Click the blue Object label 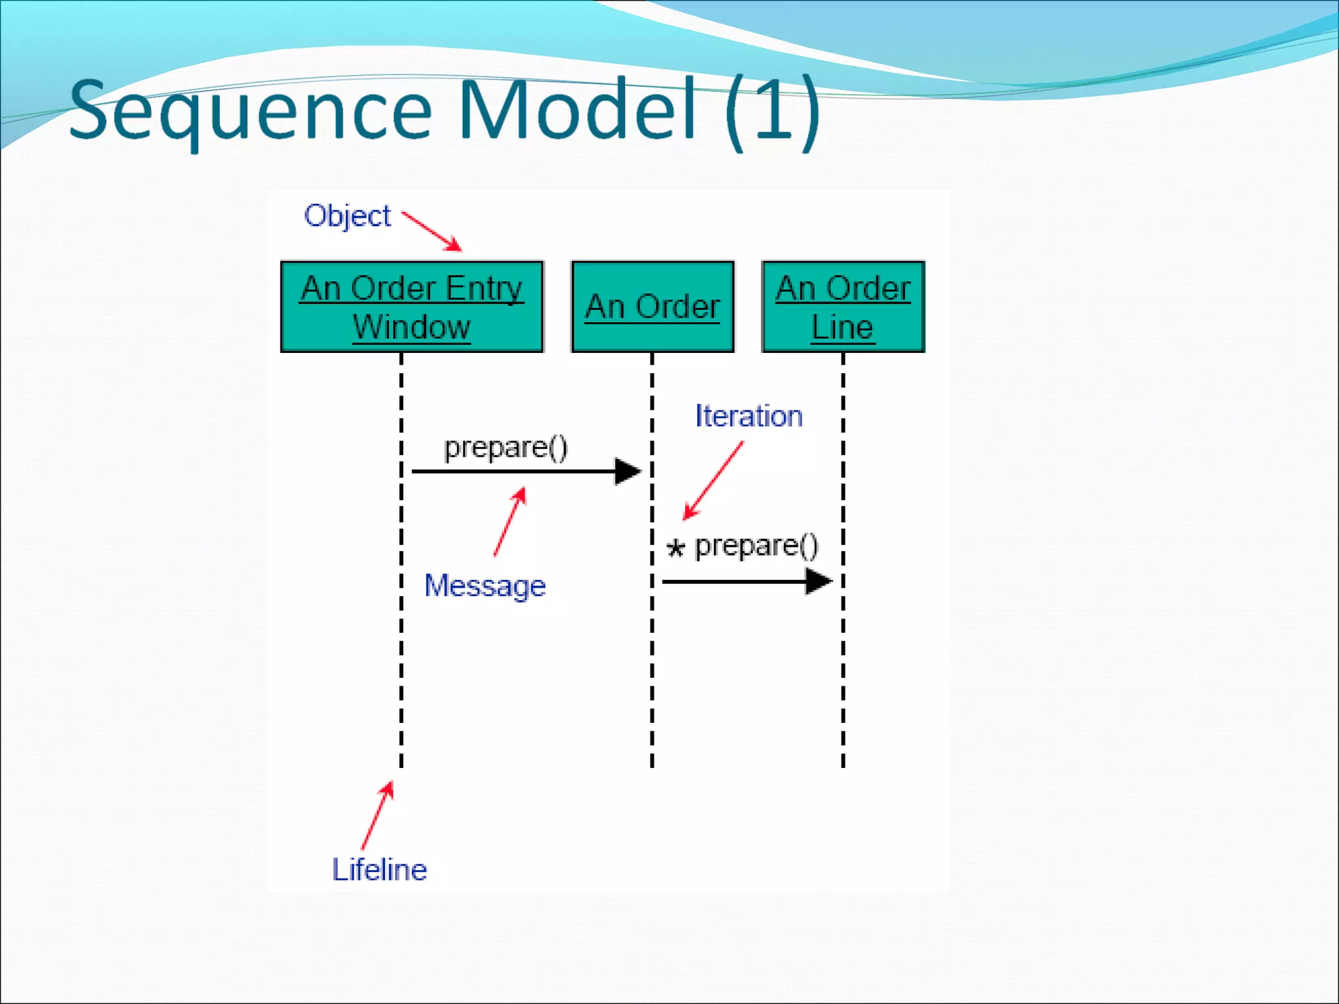(347, 216)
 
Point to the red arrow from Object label (432, 231)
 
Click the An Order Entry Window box (412, 307)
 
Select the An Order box (653, 307)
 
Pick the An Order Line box (843, 307)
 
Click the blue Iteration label (749, 416)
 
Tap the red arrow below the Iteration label (713, 480)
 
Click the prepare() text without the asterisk (505, 448)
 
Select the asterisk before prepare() (675, 548)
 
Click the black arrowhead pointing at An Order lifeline (628, 471)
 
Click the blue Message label (484, 586)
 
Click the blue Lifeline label (379, 870)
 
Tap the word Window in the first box (411, 327)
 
